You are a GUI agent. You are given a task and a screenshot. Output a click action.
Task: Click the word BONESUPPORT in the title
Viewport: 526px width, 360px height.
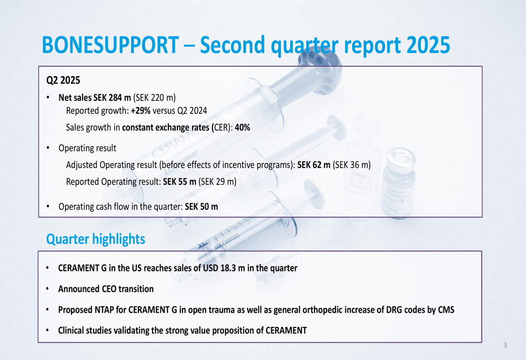(x=110, y=45)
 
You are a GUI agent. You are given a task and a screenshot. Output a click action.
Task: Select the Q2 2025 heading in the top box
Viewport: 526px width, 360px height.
(x=63, y=80)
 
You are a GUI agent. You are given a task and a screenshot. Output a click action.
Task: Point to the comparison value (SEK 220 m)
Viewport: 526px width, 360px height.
(x=154, y=98)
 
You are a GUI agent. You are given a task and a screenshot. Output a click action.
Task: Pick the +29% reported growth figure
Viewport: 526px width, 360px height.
(x=140, y=110)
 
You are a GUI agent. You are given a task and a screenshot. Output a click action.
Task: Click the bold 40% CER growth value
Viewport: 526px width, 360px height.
(x=242, y=127)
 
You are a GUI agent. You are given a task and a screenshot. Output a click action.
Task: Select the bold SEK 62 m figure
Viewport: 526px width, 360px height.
(x=313, y=165)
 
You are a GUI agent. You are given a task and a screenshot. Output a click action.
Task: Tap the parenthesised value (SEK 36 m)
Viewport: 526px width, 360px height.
(x=351, y=165)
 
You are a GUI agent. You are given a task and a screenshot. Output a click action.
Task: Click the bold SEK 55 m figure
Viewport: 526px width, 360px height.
(x=179, y=182)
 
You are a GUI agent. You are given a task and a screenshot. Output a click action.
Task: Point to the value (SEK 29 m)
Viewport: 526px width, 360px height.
(x=217, y=182)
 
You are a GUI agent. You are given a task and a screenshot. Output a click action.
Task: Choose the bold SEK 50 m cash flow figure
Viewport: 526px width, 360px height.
(x=201, y=207)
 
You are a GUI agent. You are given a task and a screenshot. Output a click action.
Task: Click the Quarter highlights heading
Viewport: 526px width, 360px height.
(x=96, y=239)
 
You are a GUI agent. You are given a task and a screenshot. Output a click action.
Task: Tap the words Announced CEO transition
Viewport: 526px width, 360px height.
(x=106, y=289)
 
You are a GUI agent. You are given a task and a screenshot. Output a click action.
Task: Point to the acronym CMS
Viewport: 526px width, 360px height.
(x=446, y=310)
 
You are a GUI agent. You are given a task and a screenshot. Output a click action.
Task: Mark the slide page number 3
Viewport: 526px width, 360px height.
(x=505, y=345)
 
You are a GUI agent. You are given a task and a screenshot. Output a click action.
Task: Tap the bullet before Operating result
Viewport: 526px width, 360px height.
(x=48, y=148)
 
